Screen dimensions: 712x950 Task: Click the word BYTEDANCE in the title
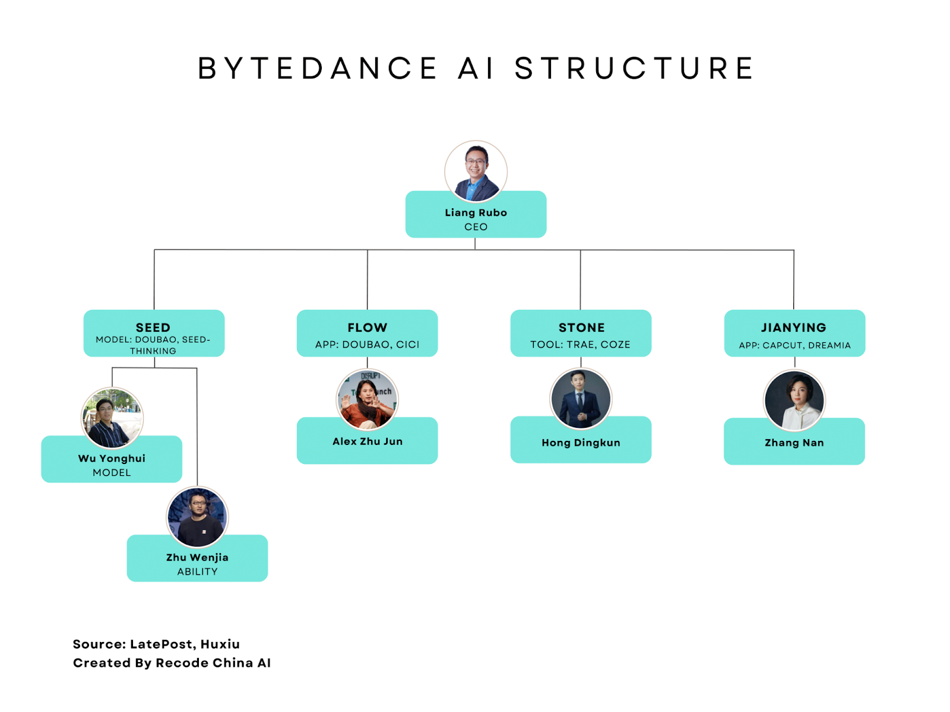click(x=318, y=68)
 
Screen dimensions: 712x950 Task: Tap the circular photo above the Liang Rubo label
click(x=476, y=171)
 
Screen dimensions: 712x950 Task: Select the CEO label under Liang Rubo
click(x=476, y=227)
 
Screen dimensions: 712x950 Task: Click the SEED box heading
click(x=153, y=328)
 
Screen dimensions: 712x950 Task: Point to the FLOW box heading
click(x=368, y=328)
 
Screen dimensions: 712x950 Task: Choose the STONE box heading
click(x=581, y=328)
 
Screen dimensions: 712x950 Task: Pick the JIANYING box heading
click(x=794, y=328)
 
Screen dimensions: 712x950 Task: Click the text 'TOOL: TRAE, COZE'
click(x=580, y=345)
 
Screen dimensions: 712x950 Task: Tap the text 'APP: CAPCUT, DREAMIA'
click(x=794, y=345)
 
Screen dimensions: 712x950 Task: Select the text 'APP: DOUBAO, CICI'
click(x=367, y=345)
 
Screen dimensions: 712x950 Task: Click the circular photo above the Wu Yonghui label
click(x=112, y=418)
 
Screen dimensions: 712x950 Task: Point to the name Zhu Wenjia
click(x=197, y=557)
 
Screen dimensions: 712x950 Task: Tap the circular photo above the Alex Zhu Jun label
click(x=368, y=399)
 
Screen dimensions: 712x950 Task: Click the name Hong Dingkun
click(x=581, y=443)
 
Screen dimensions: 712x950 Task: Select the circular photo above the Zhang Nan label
click(x=794, y=400)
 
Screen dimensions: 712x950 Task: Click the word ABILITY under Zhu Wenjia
click(x=197, y=571)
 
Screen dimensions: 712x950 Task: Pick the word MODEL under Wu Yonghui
click(x=112, y=472)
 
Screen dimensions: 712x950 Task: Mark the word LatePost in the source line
click(x=161, y=644)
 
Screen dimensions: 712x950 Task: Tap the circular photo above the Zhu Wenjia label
click(x=197, y=517)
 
